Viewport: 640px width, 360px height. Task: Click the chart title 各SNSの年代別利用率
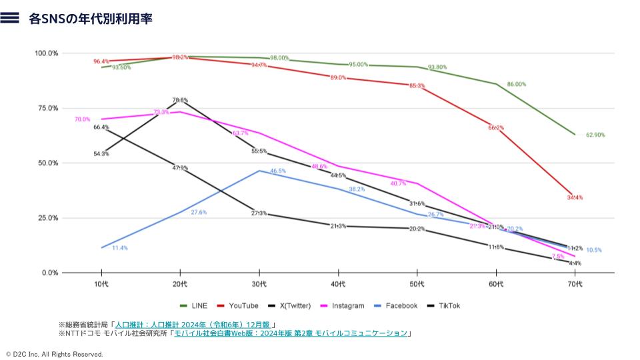91,19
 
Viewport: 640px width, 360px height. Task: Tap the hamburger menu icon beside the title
9,19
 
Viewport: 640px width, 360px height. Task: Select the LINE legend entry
194,305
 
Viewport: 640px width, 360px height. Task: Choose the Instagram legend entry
343,305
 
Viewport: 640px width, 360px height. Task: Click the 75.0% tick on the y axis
46,108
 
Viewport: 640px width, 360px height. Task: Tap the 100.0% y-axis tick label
46,53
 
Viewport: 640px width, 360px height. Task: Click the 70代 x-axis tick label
575,285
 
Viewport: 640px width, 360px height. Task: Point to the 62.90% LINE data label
595,135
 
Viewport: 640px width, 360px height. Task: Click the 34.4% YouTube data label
575,197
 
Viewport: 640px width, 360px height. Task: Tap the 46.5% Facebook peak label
278,171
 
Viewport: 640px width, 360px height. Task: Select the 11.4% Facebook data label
120,248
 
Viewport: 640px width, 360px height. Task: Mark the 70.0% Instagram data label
82,119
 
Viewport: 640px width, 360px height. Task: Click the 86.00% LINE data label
517,85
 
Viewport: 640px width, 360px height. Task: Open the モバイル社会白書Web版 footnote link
290,333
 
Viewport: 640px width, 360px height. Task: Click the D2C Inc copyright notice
54,355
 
